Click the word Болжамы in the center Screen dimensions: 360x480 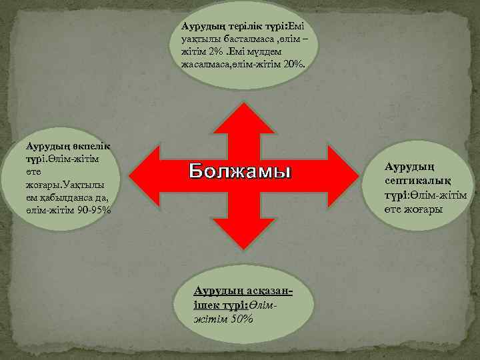point(240,171)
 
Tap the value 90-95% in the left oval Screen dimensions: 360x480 point(94,209)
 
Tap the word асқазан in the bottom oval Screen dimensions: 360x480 point(269,293)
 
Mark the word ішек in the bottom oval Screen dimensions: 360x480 point(203,305)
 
